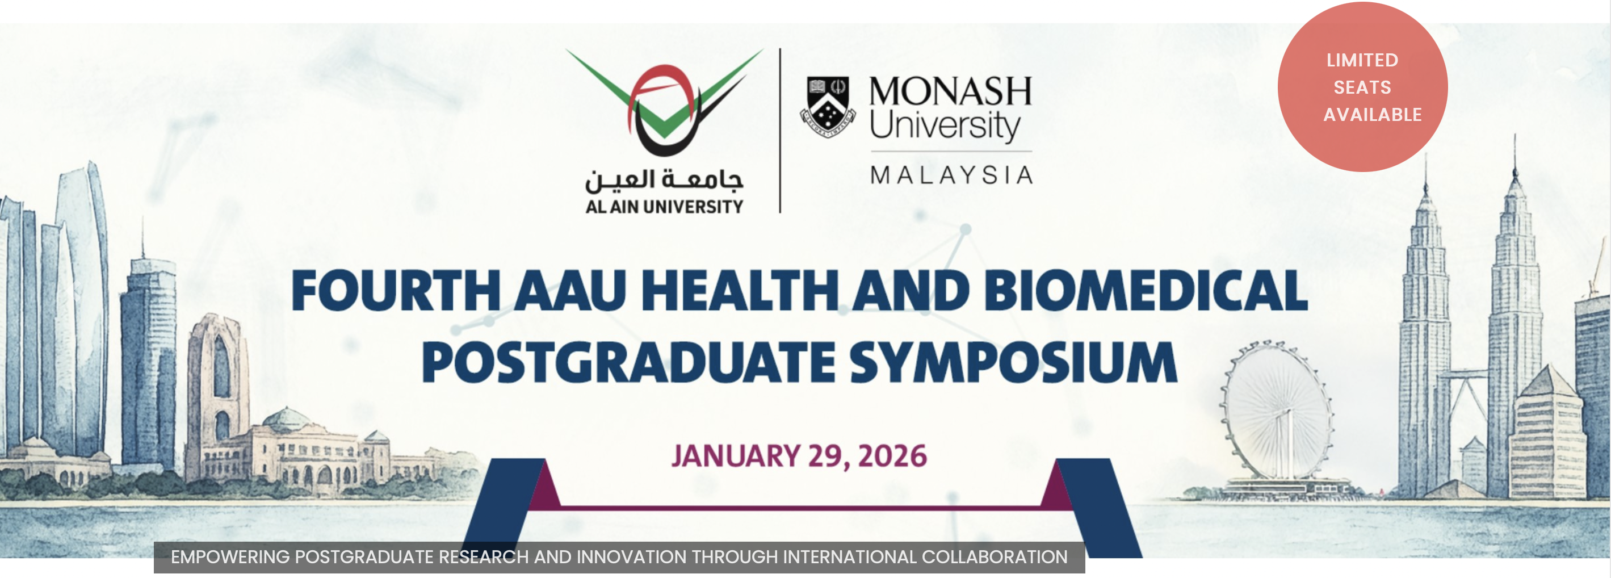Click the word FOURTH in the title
pos(396,290)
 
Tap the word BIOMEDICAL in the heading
pos(1146,290)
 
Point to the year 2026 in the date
pos(892,455)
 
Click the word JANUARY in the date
pos(736,455)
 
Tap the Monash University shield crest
pos(828,106)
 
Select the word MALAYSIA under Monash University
pos(951,175)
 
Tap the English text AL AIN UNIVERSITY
pos(664,207)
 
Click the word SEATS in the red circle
pos(1362,87)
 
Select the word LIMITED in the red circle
pos(1362,60)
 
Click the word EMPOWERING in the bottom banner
pos(230,557)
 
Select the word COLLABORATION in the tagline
pos(995,557)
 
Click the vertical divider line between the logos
pos(780,131)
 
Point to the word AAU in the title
pos(570,290)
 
